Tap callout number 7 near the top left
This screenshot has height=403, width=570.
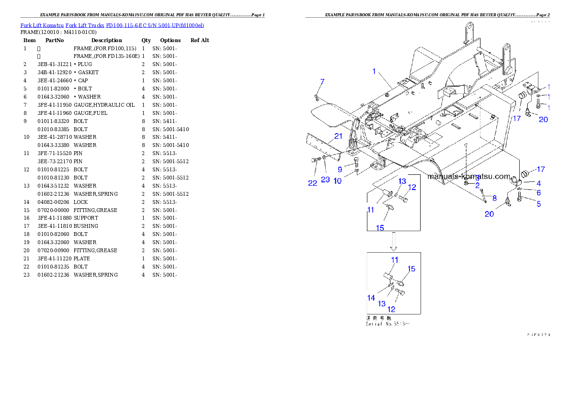(x=322, y=82)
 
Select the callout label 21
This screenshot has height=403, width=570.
(x=339, y=136)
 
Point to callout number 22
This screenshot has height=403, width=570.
(x=313, y=183)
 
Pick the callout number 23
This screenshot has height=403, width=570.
(x=326, y=180)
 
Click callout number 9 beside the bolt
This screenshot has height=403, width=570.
(x=340, y=169)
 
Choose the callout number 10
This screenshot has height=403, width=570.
(x=338, y=181)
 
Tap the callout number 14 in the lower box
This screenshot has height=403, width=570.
(x=371, y=298)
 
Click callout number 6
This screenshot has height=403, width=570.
(x=538, y=192)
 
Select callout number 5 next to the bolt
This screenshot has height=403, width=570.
(x=538, y=203)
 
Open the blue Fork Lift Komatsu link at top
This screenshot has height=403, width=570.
(x=112, y=25)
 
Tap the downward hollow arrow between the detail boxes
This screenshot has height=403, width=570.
(x=394, y=242)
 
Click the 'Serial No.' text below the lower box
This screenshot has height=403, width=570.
(x=388, y=324)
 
